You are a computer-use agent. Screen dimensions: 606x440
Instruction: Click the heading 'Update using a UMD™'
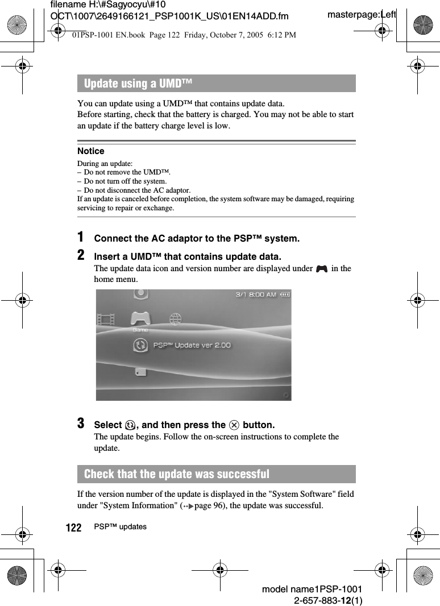(x=138, y=84)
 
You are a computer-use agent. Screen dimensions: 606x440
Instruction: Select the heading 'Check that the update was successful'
(x=176, y=474)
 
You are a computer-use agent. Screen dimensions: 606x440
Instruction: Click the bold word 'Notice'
(x=91, y=151)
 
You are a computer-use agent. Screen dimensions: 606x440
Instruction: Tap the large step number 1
(x=82, y=237)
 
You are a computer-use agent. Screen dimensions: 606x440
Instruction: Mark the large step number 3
(x=82, y=424)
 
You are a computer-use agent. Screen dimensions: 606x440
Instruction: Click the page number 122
(x=73, y=528)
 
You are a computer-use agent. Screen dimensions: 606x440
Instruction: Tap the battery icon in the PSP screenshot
(x=284, y=294)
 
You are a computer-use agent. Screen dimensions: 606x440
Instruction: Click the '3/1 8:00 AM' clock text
(x=256, y=294)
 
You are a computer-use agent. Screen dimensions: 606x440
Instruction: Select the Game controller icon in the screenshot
(x=140, y=318)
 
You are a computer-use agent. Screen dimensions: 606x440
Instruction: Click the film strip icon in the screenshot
(x=106, y=319)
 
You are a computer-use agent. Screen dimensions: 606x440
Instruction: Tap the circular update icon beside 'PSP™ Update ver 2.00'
(x=140, y=345)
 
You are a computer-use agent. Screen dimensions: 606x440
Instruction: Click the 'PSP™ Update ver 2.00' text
(x=192, y=345)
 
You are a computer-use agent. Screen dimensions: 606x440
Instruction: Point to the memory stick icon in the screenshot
(x=140, y=372)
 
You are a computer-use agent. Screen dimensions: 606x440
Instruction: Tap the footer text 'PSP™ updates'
(x=120, y=527)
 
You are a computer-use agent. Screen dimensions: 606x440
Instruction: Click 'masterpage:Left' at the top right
(x=362, y=14)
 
